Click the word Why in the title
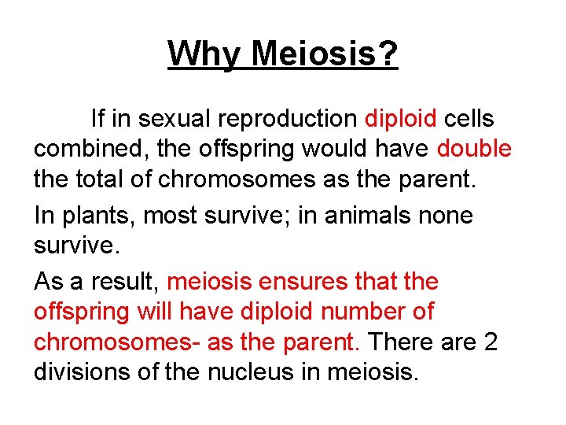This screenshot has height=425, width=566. click(206, 54)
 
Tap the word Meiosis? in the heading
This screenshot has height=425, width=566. click(325, 54)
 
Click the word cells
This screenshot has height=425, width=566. click(469, 119)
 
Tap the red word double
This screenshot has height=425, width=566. click(474, 149)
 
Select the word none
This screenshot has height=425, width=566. click(446, 216)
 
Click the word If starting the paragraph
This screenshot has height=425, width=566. click(97, 119)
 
